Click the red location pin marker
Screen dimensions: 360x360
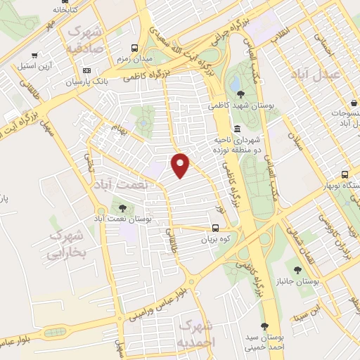(x=181, y=165)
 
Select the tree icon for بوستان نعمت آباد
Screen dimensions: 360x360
(x=123, y=207)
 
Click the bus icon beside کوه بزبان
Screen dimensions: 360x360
(x=216, y=228)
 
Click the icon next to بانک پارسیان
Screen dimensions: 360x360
(x=87, y=70)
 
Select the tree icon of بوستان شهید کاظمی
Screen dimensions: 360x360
(x=241, y=94)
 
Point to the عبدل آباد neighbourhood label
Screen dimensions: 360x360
(x=337, y=74)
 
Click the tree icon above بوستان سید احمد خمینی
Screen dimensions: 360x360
(x=264, y=326)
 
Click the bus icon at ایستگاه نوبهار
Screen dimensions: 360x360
(x=345, y=174)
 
